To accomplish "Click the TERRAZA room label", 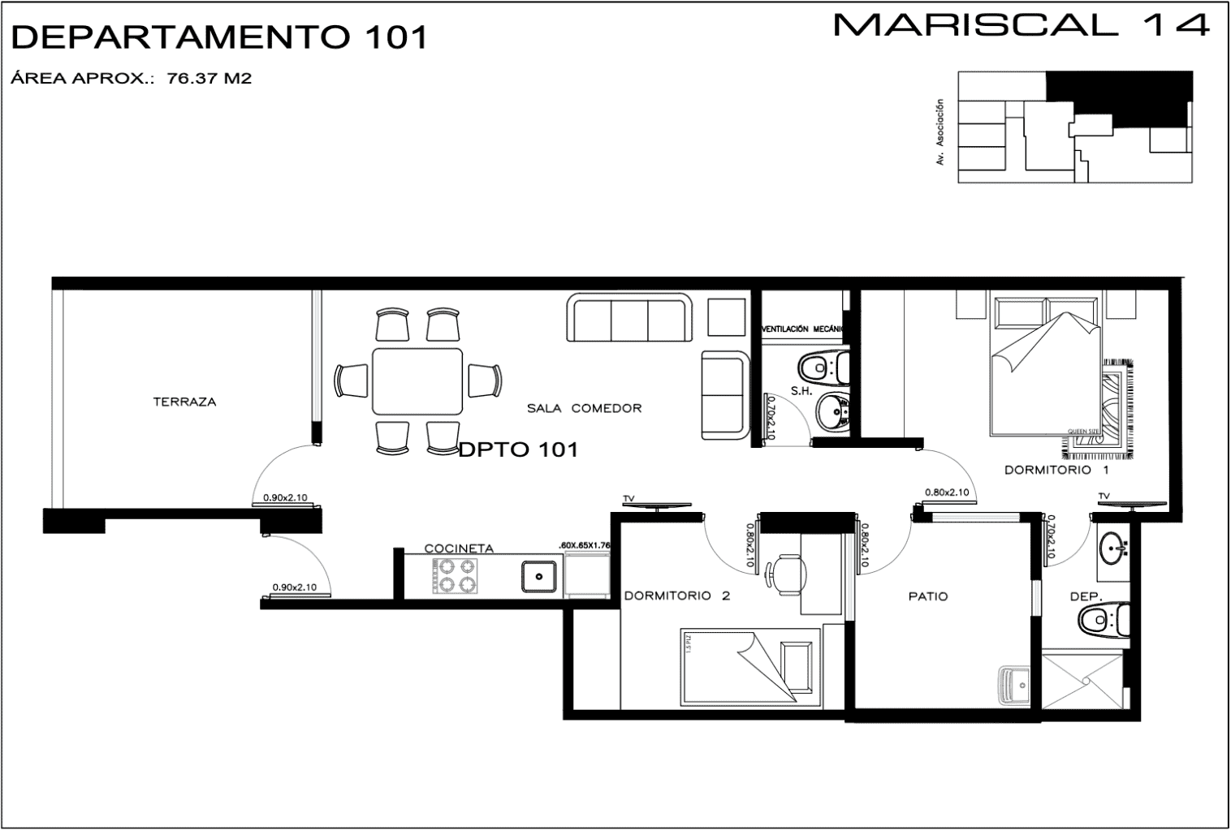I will click(184, 402).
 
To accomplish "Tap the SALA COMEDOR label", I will click(584, 408).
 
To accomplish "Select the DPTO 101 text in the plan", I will click(518, 449).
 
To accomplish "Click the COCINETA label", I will click(459, 548).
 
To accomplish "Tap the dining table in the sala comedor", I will click(417, 381).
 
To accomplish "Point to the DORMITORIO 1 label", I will click(1056, 470).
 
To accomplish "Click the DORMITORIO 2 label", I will click(676, 596).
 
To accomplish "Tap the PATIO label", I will click(927, 596).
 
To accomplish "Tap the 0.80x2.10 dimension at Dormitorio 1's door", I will click(947, 492).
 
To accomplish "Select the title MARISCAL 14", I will click(1021, 25).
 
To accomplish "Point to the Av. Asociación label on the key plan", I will click(940, 132).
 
